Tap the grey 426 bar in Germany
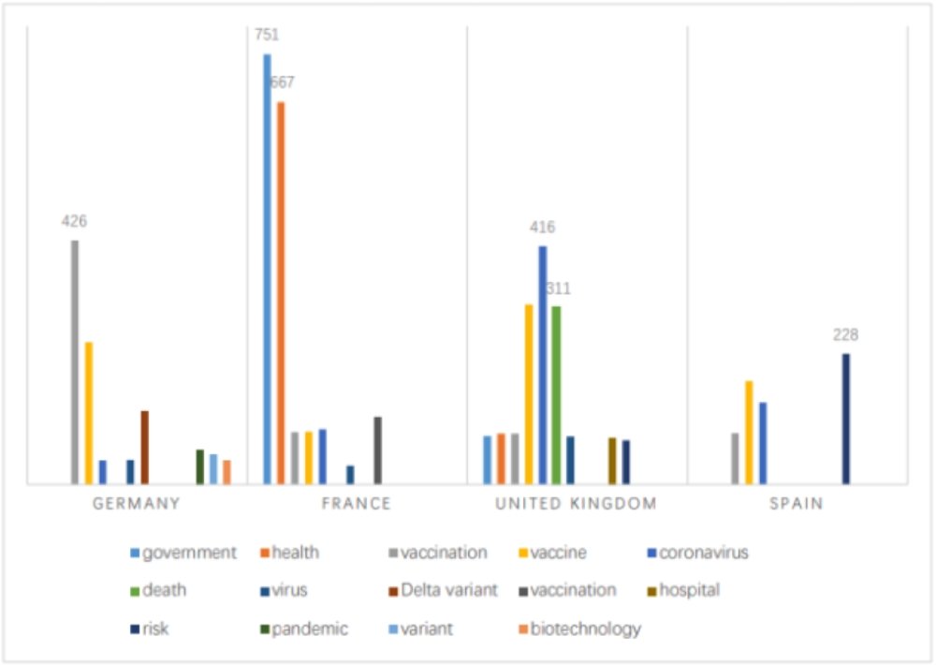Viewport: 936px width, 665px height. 75,362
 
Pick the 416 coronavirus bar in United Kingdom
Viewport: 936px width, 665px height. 543,364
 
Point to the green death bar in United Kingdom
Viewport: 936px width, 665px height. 556,394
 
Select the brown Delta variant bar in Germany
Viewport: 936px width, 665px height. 145,447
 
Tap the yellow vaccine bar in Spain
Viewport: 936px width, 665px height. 749,432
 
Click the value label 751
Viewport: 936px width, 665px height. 266,36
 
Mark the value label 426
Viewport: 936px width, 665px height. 74,222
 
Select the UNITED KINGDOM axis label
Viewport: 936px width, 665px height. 576,504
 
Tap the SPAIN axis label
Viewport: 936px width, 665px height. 797,504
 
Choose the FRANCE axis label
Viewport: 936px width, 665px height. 356,504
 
